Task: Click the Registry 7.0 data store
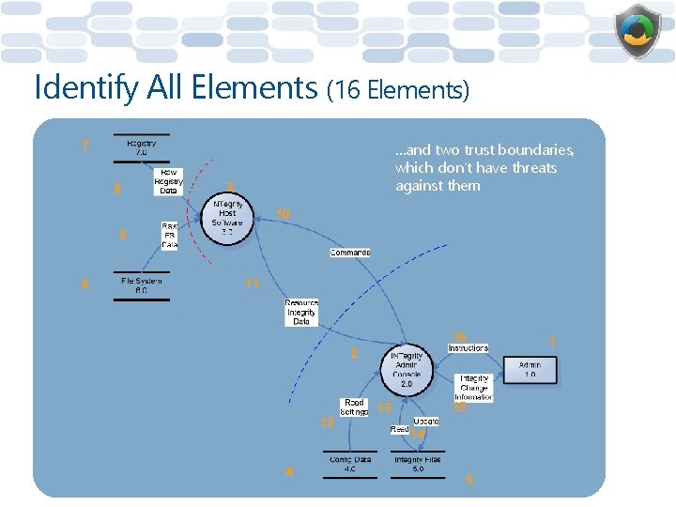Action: (x=142, y=147)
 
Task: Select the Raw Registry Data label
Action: (x=168, y=181)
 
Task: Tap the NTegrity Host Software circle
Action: (x=227, y=218)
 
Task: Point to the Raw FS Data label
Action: (x=169, y=235)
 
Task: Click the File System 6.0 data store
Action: (x=142, y=285)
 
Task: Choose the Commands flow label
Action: (x=349, y=253)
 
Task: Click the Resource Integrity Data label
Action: (x=301, y=313)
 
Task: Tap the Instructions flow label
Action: (x=468, y=348)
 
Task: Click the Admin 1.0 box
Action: (x=530, y=369)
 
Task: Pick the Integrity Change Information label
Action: (x=473, y=387)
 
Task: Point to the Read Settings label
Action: (x=353, y=407)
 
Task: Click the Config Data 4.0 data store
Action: (x=349, y=464)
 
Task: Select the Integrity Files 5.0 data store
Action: (x=418, y=464)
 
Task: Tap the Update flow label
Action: (x=425, y=422)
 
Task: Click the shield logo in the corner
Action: (x=638, y=32)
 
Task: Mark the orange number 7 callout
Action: (x=85, y=146)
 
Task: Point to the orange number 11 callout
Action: (x=252, y=283)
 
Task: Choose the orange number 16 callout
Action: (x=459, y=336)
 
